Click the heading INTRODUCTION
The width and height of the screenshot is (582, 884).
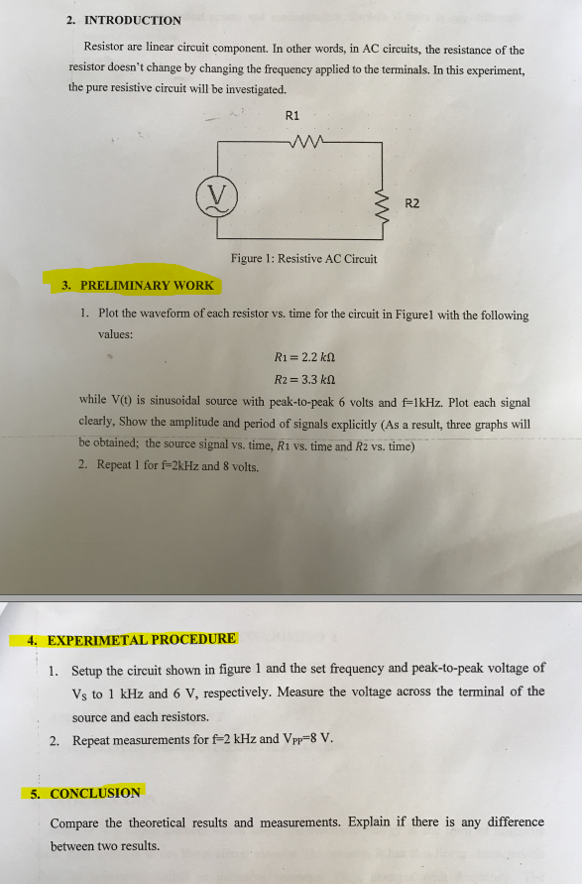[133, 20]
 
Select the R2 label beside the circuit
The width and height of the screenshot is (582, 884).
[412, 203]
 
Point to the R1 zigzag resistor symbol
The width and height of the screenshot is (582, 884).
[309, 142]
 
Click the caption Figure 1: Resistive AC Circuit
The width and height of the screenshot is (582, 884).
[303, 259]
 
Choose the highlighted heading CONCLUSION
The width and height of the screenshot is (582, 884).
[95, 793]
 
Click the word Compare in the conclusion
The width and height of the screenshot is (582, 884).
[75, 822]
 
